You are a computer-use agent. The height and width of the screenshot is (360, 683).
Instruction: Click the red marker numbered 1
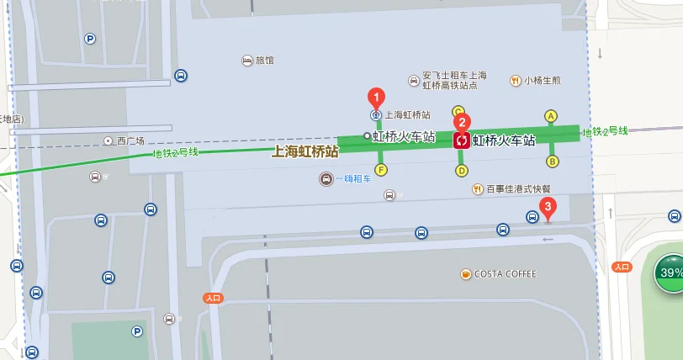coord(378,97)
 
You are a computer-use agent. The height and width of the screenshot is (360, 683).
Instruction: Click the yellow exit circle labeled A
coord(551,116)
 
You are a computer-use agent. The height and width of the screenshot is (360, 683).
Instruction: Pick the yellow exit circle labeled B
coord(553,161)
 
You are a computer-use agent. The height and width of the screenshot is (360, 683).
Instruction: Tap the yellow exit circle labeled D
coord(462,171)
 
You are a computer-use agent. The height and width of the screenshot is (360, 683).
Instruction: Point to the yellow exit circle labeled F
coord(381,170)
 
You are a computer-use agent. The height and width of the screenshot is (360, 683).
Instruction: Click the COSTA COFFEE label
coord(505,274)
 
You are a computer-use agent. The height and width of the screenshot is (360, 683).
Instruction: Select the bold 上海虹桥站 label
coord(304,152)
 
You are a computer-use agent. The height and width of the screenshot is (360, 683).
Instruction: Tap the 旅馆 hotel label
coord(265,61)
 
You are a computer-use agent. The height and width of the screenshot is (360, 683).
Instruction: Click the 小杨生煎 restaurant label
coord(543,81)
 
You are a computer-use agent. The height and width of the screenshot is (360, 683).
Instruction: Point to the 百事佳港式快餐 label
coord(518,189)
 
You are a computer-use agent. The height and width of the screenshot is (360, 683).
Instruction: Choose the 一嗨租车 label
coord(352,179)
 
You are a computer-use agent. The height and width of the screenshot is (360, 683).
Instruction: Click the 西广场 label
coord(130,140)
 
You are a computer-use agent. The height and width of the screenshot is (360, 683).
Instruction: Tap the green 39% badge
coord(670,273)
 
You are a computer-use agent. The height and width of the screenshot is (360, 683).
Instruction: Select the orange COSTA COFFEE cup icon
coord(465,274)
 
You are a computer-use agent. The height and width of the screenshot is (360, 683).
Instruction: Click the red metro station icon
coord(461,140)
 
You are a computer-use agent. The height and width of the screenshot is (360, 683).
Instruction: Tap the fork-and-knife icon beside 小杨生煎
coord(515,81)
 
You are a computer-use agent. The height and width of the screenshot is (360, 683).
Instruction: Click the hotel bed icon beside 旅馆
coord(246,61)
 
